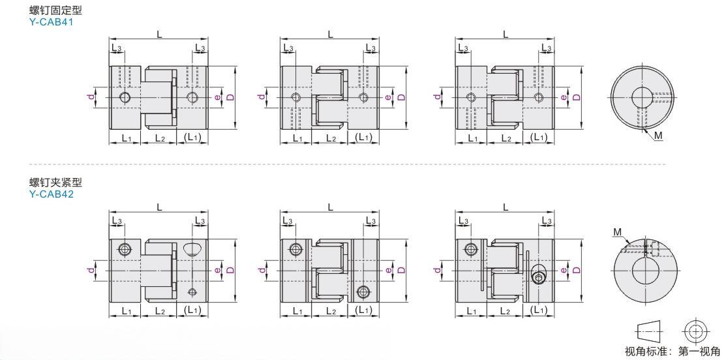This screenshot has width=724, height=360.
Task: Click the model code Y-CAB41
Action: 52,22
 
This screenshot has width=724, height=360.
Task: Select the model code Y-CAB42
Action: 52,194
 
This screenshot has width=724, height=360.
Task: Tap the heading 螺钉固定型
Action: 55,9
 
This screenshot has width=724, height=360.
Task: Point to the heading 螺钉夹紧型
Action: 55,183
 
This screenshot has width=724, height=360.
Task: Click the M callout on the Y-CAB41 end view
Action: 658,135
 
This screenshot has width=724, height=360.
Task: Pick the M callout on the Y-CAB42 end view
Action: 618,232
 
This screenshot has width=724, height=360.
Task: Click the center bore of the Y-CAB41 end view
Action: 642,97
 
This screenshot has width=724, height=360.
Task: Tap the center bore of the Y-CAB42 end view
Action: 645,271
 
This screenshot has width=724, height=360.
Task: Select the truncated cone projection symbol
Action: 651,331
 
